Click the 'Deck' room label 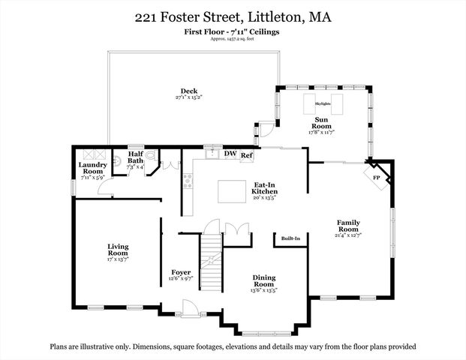coord(178,91)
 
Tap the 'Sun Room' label coord(322,123)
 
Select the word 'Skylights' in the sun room coord(322,103)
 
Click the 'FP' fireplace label coord(377,178)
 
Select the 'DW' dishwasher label coord(230,154)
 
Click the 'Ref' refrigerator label coord(246,155)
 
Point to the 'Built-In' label coord(290,238)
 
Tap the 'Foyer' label coord(181,271)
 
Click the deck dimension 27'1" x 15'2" coord(178,97)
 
